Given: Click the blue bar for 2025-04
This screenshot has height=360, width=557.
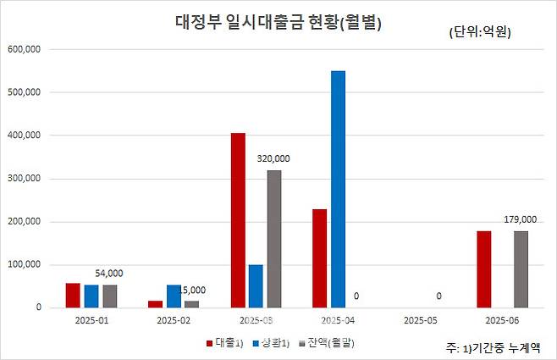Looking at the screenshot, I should point(338,189).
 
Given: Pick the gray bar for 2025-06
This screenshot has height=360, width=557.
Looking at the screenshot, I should point(520,269).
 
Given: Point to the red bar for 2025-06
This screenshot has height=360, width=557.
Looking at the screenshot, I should point(483,269).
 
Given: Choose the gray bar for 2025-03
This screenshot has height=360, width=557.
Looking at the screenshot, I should point(274,239).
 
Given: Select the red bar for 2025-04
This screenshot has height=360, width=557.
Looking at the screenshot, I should point(319,258).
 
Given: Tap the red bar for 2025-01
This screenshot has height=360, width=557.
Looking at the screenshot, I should point(73,295).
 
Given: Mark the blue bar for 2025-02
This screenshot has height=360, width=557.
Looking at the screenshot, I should point(173,296).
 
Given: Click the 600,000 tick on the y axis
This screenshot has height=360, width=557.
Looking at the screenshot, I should point(25,49).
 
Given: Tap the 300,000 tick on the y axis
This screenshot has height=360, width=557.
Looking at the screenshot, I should point(25,179).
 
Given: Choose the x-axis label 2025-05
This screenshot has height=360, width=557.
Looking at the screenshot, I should point(420,322).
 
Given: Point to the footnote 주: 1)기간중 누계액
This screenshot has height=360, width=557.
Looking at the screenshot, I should point(495,348).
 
